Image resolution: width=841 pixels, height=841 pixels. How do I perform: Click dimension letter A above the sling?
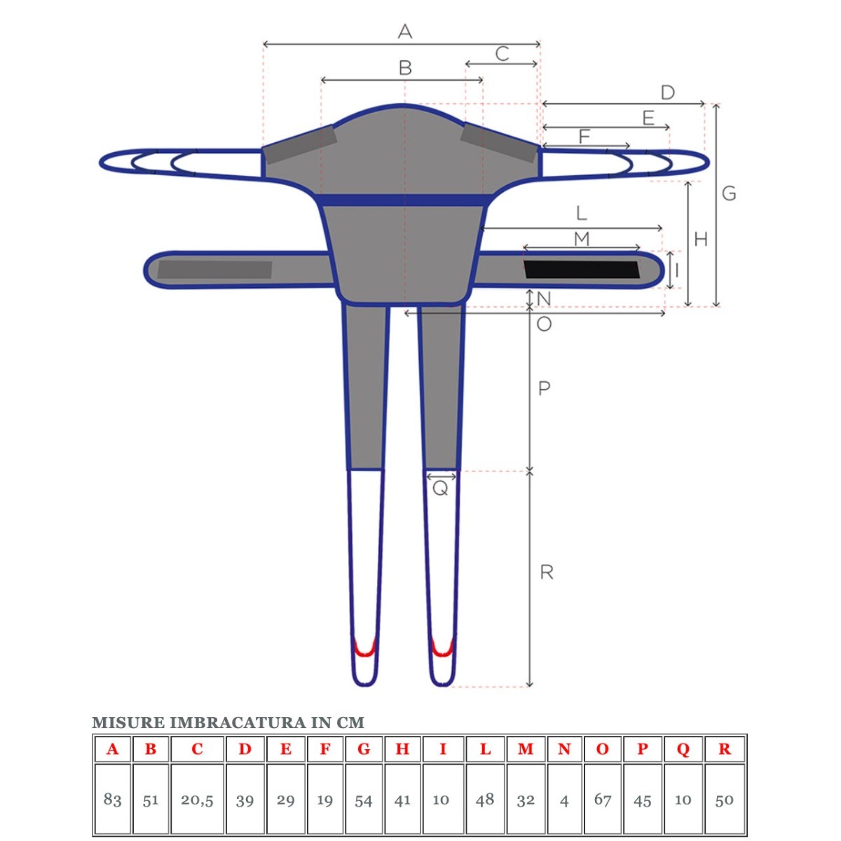[404, 32]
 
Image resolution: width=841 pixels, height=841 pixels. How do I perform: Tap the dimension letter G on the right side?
[729, 193]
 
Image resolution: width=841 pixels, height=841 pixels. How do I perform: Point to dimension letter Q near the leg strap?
[440, 488]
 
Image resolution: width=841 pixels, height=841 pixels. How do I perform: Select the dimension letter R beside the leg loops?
[547, 573]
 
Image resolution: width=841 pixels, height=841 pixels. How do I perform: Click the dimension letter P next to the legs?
[544, 388]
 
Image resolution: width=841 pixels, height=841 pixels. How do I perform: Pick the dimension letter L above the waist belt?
[581, 213]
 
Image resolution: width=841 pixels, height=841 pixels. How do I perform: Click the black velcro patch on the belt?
[582, 269]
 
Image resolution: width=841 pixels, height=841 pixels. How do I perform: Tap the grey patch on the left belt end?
[214, 269]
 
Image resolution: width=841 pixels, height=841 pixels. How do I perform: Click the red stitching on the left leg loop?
[364, 648]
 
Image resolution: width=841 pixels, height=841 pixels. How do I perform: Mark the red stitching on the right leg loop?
[442, 648]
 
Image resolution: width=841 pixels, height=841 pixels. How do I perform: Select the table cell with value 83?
[112, 800]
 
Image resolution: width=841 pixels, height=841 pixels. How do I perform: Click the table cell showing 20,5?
[197, 800]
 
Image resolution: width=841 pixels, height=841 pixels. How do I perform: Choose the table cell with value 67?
[603, 800]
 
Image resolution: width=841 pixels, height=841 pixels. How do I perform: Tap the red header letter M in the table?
[526, 749]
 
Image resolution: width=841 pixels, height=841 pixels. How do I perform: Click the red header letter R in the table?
[725, 749]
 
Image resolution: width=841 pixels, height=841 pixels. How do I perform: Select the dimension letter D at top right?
[667, 93]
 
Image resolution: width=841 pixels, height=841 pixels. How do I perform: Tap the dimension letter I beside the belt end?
[677, 269]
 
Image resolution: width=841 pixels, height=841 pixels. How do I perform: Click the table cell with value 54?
[363, 800]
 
